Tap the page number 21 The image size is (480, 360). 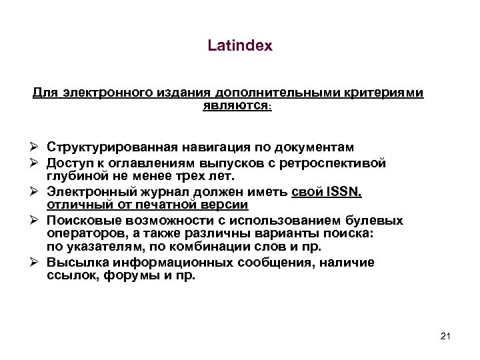pyautogui.click(x=446, y=335)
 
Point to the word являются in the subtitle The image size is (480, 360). pyautogui.click(x=229, y=104)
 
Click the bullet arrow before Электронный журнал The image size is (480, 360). pyautogui.click(x=37, y=192)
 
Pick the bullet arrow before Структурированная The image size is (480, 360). pyautogui.click(x=37, y=147)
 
